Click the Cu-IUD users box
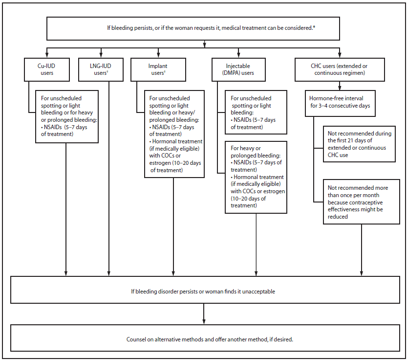(46, 69)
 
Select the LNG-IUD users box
(101, 69)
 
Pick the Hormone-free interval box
(341, 102)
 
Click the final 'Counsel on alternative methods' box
(203, 338)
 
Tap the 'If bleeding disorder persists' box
(203, 291)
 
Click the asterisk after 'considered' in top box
(314, 26)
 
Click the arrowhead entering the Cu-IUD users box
(46, 55)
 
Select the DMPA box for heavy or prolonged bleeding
(256, 177)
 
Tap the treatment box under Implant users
(173, 133)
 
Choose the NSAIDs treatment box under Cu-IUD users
(67, 116)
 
